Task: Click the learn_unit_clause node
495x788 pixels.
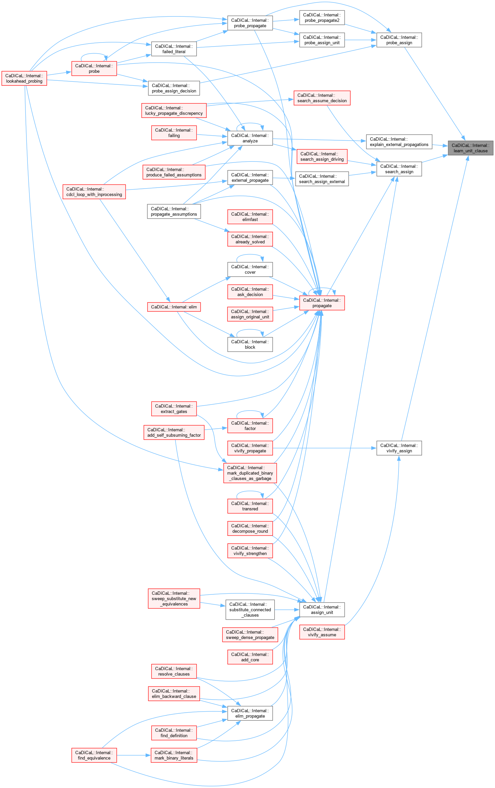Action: coord(470,148)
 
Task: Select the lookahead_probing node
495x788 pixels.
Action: coord(24,78)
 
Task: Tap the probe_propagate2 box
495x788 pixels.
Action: coord(322,18)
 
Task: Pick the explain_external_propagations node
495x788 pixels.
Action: coord(399,142)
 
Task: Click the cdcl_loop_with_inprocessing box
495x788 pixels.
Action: coord(94,192)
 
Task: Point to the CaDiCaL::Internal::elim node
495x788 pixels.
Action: coord(174,307)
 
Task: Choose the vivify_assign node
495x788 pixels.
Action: coord(399,448)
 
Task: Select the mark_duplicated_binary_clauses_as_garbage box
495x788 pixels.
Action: coord(250,473)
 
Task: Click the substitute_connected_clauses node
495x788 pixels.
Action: coord(250,610)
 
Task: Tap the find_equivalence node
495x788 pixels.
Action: coord(94,755)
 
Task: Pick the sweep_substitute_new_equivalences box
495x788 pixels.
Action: coord(174,598)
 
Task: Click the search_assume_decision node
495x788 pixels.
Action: coord(322,98)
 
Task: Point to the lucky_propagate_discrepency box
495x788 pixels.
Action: coord(174,111)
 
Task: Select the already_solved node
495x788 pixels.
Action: coord(250,239)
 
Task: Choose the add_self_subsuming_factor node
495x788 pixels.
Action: coord(174,432)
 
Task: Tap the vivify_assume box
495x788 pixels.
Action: coord(322,632)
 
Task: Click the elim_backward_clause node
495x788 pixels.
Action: coord(174,694)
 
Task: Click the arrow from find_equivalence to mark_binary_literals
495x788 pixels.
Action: coord(134,755)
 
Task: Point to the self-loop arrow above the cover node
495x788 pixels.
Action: coord(250,255)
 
